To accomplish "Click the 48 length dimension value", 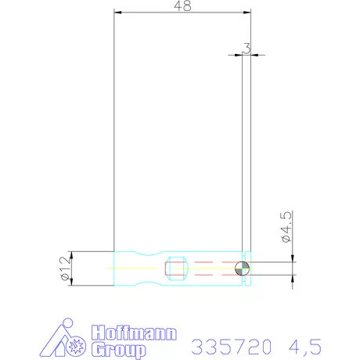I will [x=183, y=5].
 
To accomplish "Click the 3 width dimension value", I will [x=247, y=48].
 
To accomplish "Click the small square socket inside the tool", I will [x=175, y=269].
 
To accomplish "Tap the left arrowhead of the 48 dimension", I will [x=117, y=12].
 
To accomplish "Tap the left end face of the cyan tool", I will [x=115, y=268].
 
